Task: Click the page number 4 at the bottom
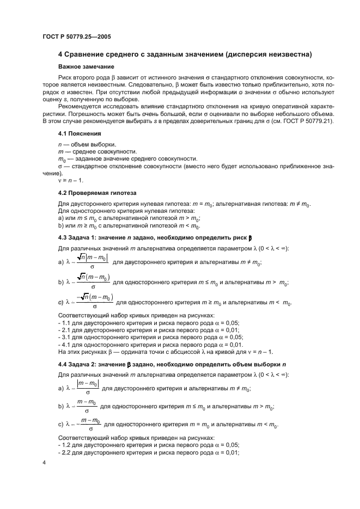point(44,462)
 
